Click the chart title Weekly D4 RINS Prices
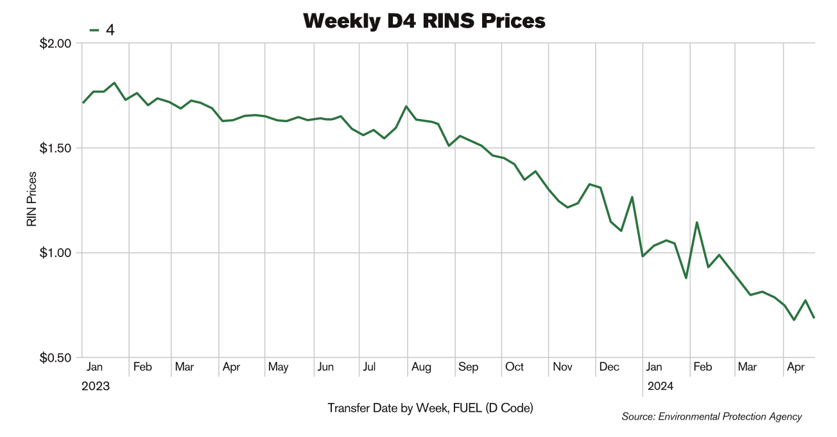424,21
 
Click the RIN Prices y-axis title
31,200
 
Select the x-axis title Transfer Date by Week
430,408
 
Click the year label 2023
96,386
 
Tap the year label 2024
660,386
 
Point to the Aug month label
421,367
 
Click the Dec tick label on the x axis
609,367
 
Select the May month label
278,367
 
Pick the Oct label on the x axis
514,367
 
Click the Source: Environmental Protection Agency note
711,417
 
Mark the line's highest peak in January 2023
114,83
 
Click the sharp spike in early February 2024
696,222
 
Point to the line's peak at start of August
406,106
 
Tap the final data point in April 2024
814,317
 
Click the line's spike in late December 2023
632,197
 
